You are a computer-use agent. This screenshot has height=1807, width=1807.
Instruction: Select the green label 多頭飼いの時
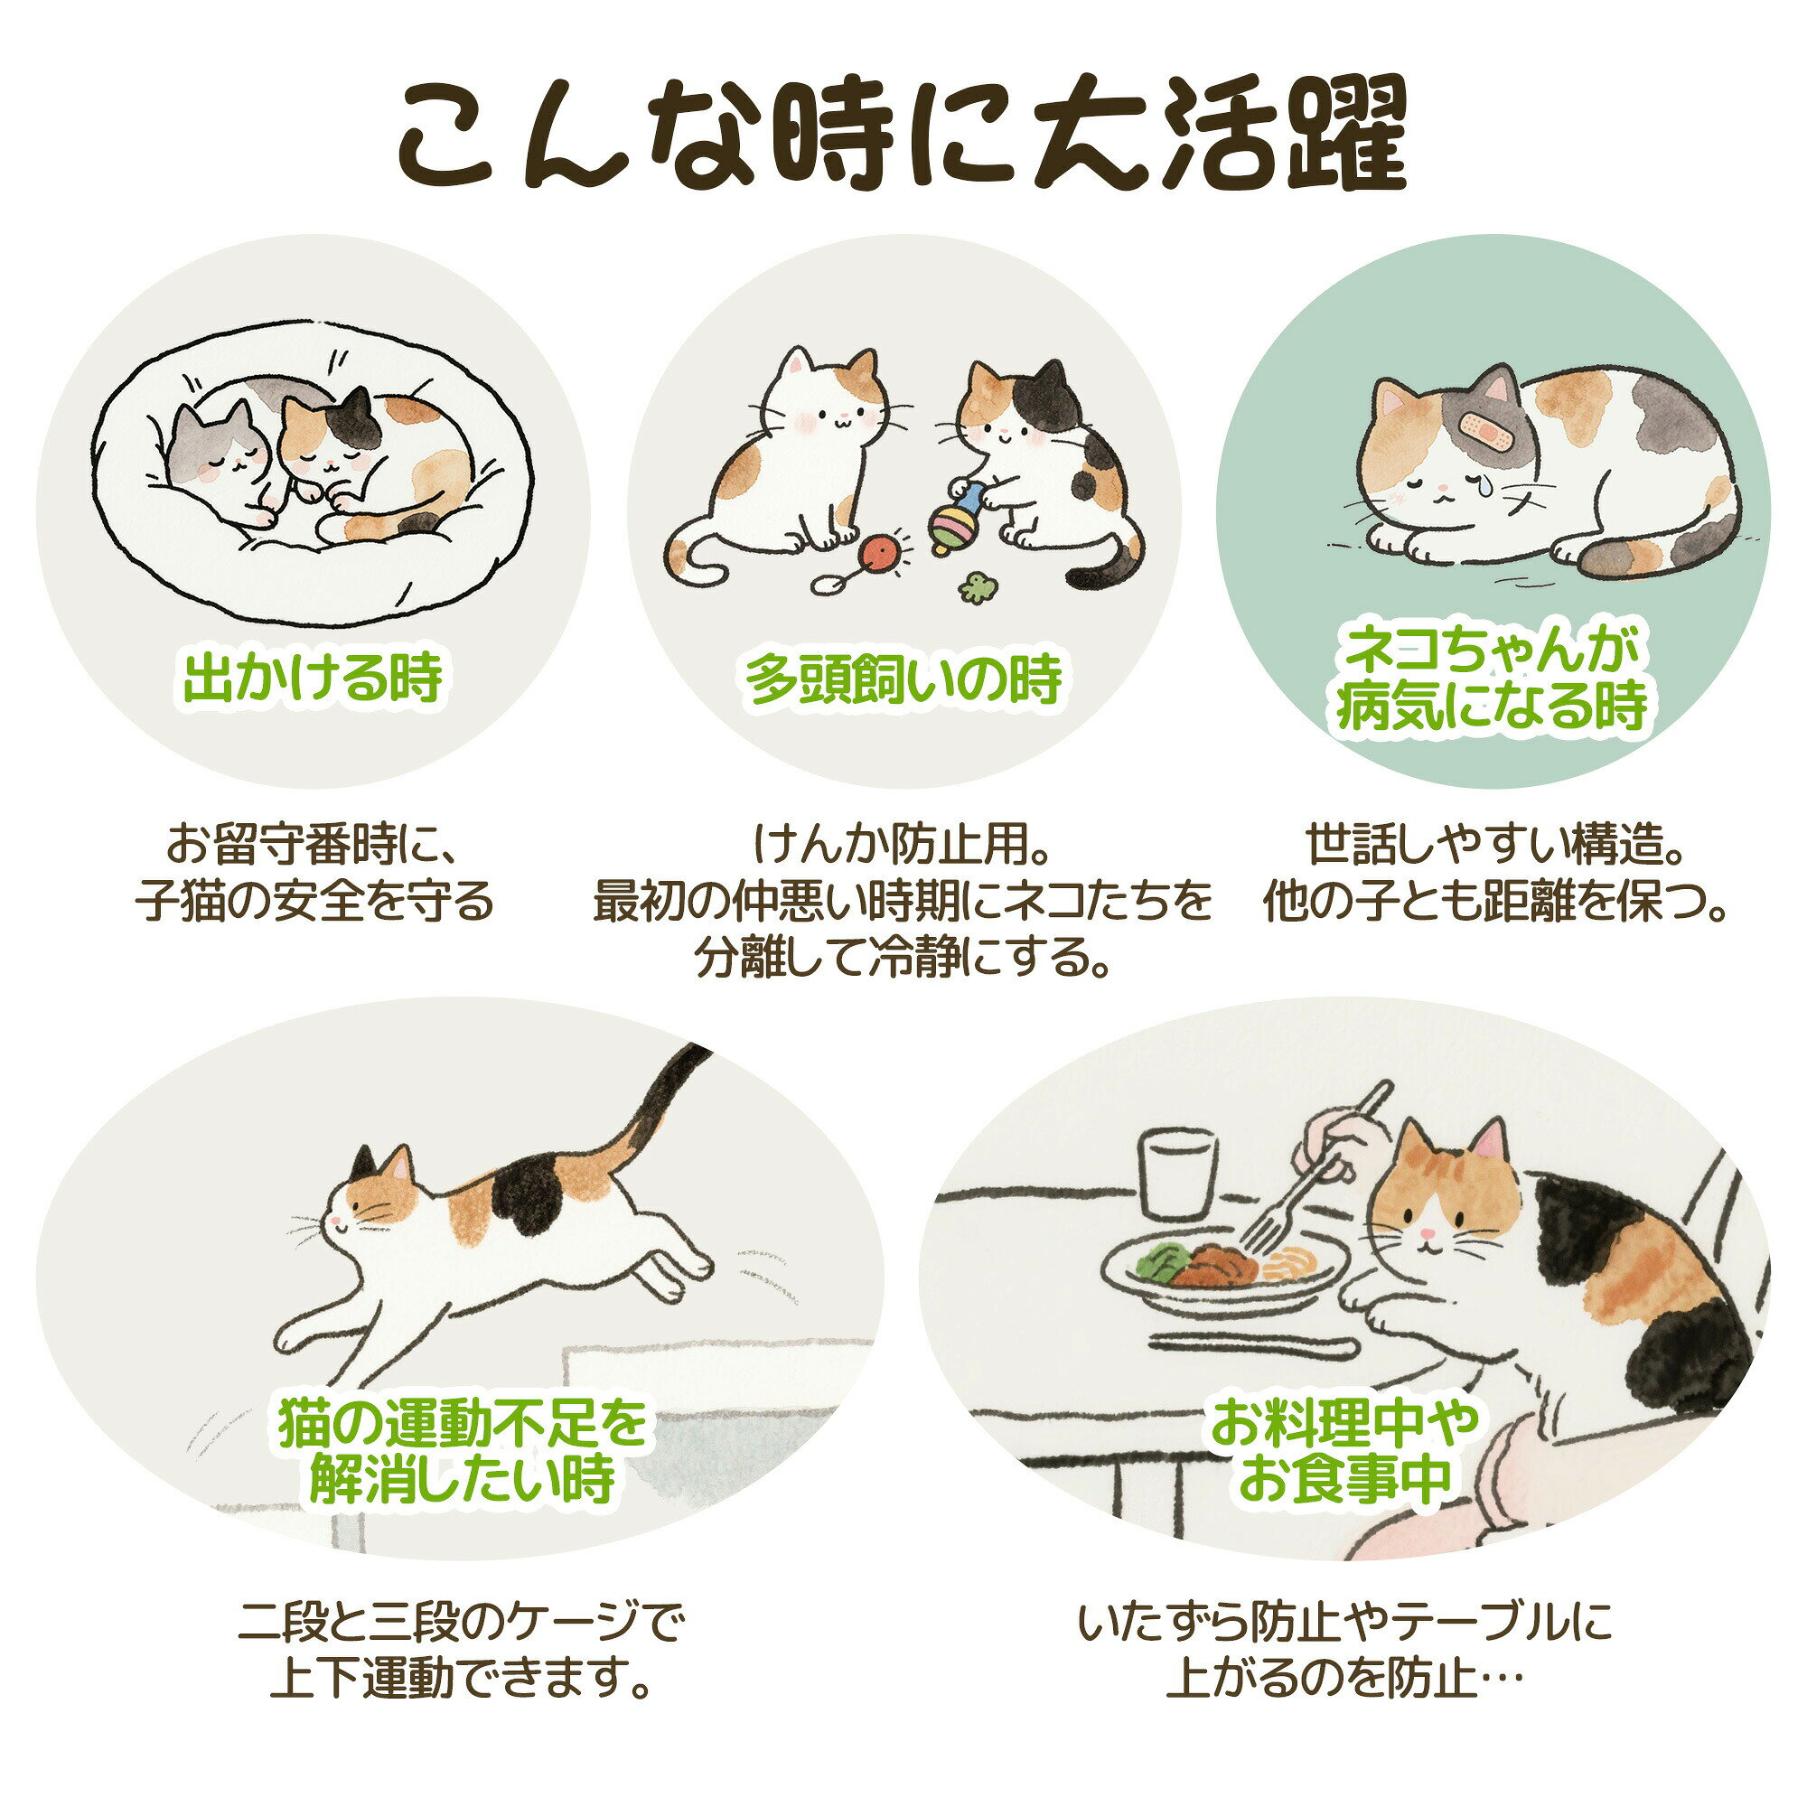(903, 679)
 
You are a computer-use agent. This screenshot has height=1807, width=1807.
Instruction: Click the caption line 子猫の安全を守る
(314, 901)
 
